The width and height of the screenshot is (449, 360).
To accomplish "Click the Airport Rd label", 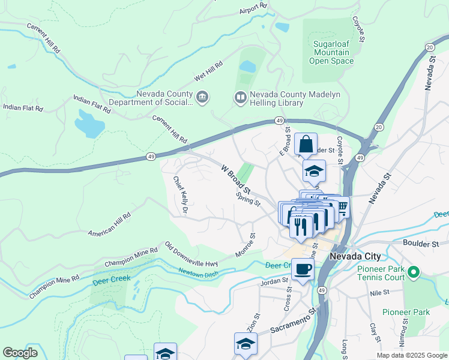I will point(252,8).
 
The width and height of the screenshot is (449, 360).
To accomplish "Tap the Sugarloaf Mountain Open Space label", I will point(331,52).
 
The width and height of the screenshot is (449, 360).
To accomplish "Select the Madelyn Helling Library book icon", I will point(240,97).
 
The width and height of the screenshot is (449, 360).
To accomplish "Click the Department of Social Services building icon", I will point(202,97).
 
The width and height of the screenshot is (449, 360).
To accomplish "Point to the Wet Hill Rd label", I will point(208,71).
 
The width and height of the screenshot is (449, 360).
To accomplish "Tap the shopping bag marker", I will point(306,145).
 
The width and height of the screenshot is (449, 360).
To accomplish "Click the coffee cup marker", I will point(303,269).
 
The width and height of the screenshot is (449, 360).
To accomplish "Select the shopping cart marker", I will point(342,207).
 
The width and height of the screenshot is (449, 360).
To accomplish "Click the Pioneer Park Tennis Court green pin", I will point(413,274).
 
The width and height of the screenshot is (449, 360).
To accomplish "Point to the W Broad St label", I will point(235,179).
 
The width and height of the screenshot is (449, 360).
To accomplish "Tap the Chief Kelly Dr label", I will point(181,195).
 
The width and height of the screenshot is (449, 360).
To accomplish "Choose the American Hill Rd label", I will point(109,224).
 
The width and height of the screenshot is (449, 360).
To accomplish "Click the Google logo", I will point(20,353).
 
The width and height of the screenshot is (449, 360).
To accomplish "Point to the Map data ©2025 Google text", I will point(411,355).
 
